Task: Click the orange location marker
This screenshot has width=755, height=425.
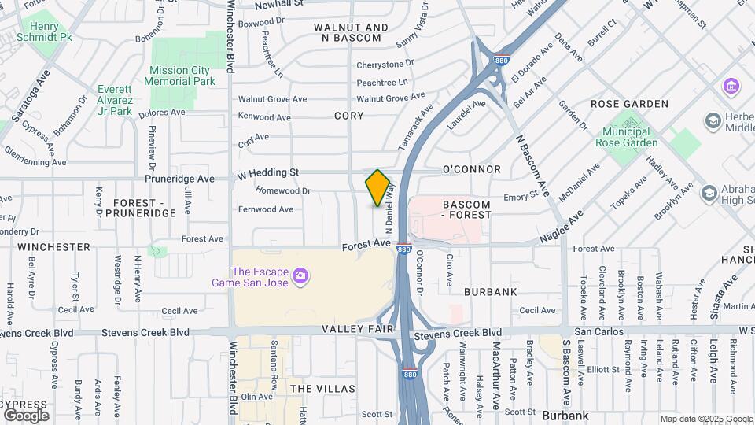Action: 378,188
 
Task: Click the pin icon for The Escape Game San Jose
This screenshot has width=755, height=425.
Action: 300,275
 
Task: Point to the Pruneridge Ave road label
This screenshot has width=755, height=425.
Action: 184,179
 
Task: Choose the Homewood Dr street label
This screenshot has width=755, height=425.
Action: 284,190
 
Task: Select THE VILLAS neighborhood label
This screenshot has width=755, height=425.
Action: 322,389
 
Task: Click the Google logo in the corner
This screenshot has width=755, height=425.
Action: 26,415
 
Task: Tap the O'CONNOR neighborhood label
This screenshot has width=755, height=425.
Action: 471,169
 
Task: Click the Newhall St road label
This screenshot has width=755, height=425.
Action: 279,4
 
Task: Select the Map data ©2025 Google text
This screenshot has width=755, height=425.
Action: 705,419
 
